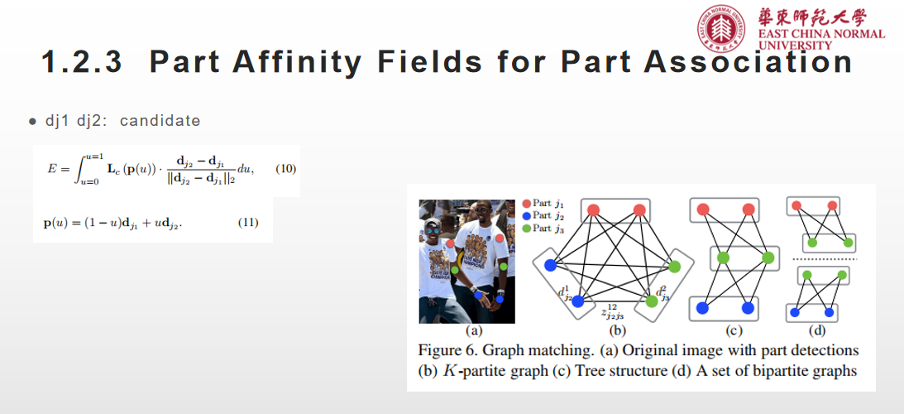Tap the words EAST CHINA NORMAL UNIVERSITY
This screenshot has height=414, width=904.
pyautogui.click(x=821, y=38)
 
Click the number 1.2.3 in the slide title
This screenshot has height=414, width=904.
pyautogui.click(x=82, y=62)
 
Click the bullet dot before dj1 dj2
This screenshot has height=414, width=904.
pyautogui.click(x=31, y=121)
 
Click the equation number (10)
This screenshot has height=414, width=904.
pyautogui.click(x=285, y=169)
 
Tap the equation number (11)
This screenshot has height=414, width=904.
pyautogui.click(x=248, y=222)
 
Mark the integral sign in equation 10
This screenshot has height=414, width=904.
pyautogui.click(x=78, y=169)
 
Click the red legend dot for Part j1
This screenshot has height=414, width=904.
pyautogui.click(x=526, y=203)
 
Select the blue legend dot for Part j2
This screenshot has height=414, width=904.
pyautogui.click(x=526, y=216)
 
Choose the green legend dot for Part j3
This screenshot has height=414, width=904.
pyautogui.click(x=526, y=229)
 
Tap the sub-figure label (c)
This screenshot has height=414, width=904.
pyautogui.click(x=734, y=331)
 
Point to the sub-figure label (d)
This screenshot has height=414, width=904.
pyautogui.click(x=817, y=331)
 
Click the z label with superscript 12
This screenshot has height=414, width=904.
pyautogui.click(x=612, y=312)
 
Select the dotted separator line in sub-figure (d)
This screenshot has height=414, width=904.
pyautogui.click(x=821, y=259)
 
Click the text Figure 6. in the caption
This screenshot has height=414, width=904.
pyautogui.click(x=447, y=350)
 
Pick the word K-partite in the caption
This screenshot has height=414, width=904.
pyautogui.click(x=495, y=371)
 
